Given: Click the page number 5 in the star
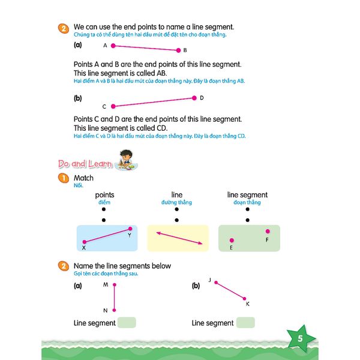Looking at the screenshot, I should (300, 339).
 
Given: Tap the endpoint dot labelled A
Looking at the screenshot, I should (112, 46).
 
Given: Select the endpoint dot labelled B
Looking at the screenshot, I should (178, 50).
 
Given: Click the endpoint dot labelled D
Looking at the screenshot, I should (194, 98).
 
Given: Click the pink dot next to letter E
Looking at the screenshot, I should (232, 240).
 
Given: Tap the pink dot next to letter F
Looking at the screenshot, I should (268, 231).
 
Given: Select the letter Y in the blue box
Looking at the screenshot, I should (129, 235).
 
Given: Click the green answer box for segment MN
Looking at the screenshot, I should (127, 323).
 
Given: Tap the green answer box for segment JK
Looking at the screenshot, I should (245, 323).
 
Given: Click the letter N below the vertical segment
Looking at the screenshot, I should (106, 310).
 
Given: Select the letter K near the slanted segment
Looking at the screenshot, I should (248, 304).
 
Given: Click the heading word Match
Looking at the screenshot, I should (83, 178).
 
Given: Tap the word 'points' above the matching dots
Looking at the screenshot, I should (104, 195).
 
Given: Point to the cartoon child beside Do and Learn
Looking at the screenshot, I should (127, 159).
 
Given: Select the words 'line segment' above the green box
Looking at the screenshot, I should (247, 195).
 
